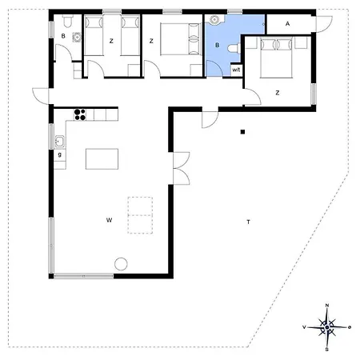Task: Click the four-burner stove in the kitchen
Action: pyautogui.click(x=80, y=114)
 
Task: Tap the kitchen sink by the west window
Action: pyautogui.click(x=59, y=142)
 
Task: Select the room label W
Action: pyautogui.click(x=109, y=220)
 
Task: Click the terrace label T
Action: pyautogui.click(x=249, y=222)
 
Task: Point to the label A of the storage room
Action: pyautogui.click(x=287, y=24)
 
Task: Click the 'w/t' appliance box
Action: pyautogui.click(x=236, y=70)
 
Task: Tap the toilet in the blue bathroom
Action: pyautogui.click(x=234, y=49)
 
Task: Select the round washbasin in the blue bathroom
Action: pyautogui.click(x=214, y=20)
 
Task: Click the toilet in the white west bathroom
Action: pyautogui.click(x=67, y=22)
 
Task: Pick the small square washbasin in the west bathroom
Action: pyautogui.click(x=77, y=38)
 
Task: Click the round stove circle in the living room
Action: pyautogui.click(x=121, y=264)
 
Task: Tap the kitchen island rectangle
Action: pyautogui.click(x=102, y=159)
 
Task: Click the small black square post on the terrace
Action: pyautogui.click(x=242, y=132)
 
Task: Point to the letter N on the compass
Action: pyautogui.click(x=327, y=306)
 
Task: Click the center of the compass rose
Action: pyautogui.click(x=327, y=327)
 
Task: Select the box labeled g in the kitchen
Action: pyautogui.click(x=60, y=155)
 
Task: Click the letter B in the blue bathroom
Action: pyautogui.click(x=218, y=46)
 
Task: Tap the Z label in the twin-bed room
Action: pyautogui.click(x=111, y=41)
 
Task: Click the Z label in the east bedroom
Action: pyautogui.click(x=278, y=93)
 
